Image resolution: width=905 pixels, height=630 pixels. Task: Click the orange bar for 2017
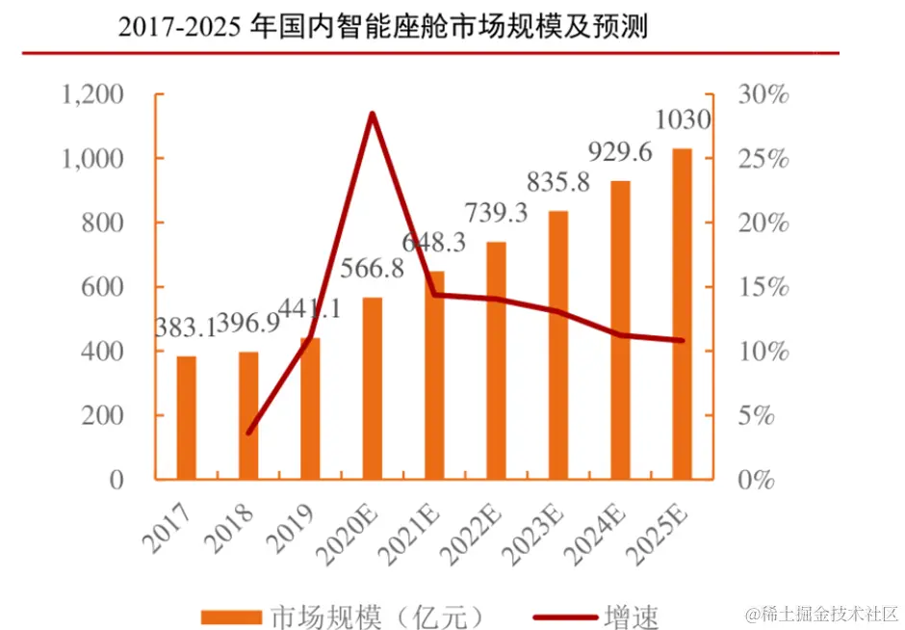click(187, 417)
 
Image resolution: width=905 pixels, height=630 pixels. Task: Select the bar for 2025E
click(682, 313)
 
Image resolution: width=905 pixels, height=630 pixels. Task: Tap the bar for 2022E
click(496, 359)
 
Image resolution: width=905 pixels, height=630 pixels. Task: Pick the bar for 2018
click(248, 415)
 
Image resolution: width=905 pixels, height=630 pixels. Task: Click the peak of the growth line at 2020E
click(372, 115)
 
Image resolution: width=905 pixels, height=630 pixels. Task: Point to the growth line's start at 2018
click(249, 433)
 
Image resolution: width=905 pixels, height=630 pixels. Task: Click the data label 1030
click(682, 120)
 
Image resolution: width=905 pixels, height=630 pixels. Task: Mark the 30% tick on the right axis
click(763, 94)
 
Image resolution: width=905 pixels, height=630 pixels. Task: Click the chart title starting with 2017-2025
click(382, 26)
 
